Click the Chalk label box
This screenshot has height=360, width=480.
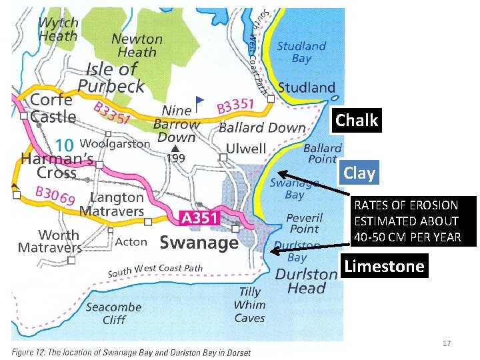click(357, 121)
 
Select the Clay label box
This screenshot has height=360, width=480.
click(359, 173)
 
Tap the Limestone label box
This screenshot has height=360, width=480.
click(383, 267)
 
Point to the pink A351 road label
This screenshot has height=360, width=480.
click(200, 218)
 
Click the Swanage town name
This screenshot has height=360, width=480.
click(199, 242)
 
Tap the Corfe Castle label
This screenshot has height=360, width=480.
click(52, 107)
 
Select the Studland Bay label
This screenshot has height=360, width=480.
click(301, 52)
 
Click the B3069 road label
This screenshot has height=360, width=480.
click(55, 195)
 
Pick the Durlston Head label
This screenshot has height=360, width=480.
click(306, 281)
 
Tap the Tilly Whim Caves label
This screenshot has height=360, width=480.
click(249, 305)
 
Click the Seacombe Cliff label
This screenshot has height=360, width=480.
click(113, 313)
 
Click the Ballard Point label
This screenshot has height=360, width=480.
click(322, 153)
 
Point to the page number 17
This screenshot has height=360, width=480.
click(447, 343)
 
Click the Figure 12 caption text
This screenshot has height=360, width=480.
click(131, 352)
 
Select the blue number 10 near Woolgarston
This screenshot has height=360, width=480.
click(64, 144)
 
